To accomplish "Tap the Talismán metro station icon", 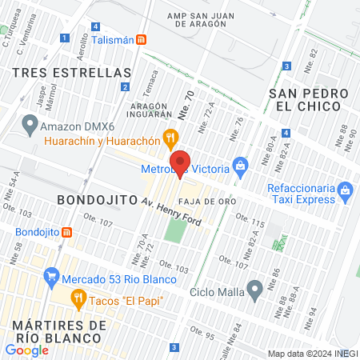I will click(142, 39).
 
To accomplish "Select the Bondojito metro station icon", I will click(66, 233).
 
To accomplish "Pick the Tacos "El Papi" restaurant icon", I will click(78, 300).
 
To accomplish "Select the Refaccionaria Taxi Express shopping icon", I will click(345, 190).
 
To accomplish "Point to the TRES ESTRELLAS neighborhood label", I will click(60, 71).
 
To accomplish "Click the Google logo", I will click(26, 350).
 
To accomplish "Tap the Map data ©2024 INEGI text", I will click(312, 354).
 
